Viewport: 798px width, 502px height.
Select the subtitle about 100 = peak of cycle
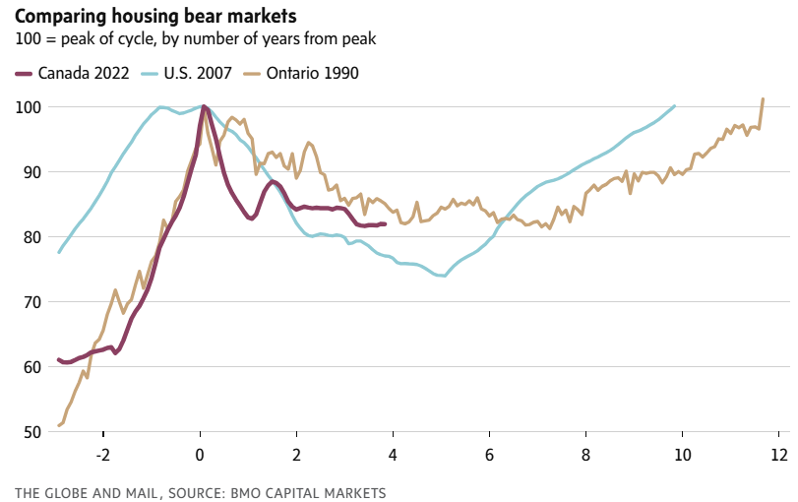tap(196, 39)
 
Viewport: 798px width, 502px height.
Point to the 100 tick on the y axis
tap(27, 106)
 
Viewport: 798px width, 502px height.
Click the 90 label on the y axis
tap(31, 171)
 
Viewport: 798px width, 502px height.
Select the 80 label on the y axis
tap(31, 236)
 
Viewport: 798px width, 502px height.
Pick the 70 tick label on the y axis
tap(31, 301)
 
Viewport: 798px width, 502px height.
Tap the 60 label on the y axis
tap(31, 366)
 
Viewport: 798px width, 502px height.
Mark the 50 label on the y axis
tap(31, 431)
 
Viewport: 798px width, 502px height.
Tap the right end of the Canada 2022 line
tap(385, 224)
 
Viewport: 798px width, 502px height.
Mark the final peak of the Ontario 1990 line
tap(763, 99)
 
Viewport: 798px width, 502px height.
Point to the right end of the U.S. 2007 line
tap(675, 106)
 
